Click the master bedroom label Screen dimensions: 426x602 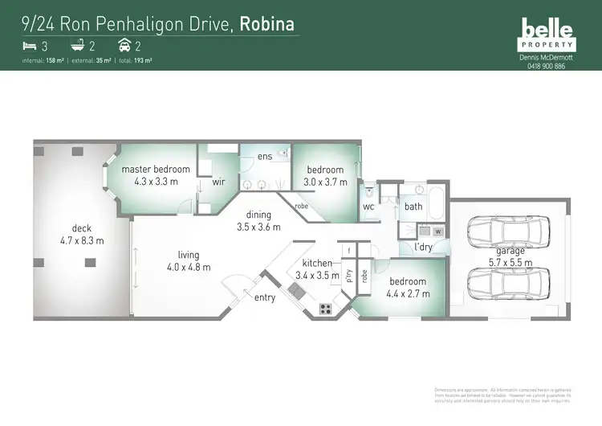156,170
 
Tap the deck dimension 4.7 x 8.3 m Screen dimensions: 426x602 82,240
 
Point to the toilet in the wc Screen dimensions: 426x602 367,193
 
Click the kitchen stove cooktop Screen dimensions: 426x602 327,307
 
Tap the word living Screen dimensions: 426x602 177,255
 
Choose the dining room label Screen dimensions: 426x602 259,215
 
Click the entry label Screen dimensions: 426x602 265,297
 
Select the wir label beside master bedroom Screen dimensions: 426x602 218,182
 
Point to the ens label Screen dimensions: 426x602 265,157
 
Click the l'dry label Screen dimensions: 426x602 423,247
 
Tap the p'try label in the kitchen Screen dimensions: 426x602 349,276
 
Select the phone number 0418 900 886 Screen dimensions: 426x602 546,66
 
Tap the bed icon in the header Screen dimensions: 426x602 30,47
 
